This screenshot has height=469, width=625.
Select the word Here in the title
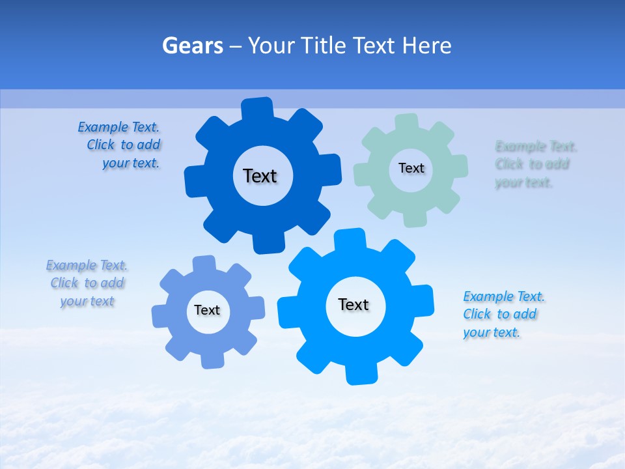coord(426,46)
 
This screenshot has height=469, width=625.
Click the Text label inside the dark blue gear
coord(260,176)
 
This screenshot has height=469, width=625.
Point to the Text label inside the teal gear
coord(411,168)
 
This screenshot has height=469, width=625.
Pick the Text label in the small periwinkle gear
coord(207,310)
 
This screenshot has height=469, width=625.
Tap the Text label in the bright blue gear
coord(354,304)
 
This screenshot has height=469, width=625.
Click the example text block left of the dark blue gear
coord(120,145)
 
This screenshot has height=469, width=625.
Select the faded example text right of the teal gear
coord(535,164)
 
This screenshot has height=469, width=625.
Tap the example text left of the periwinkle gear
coord(87,283)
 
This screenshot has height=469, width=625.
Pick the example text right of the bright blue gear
coord(503,314)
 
